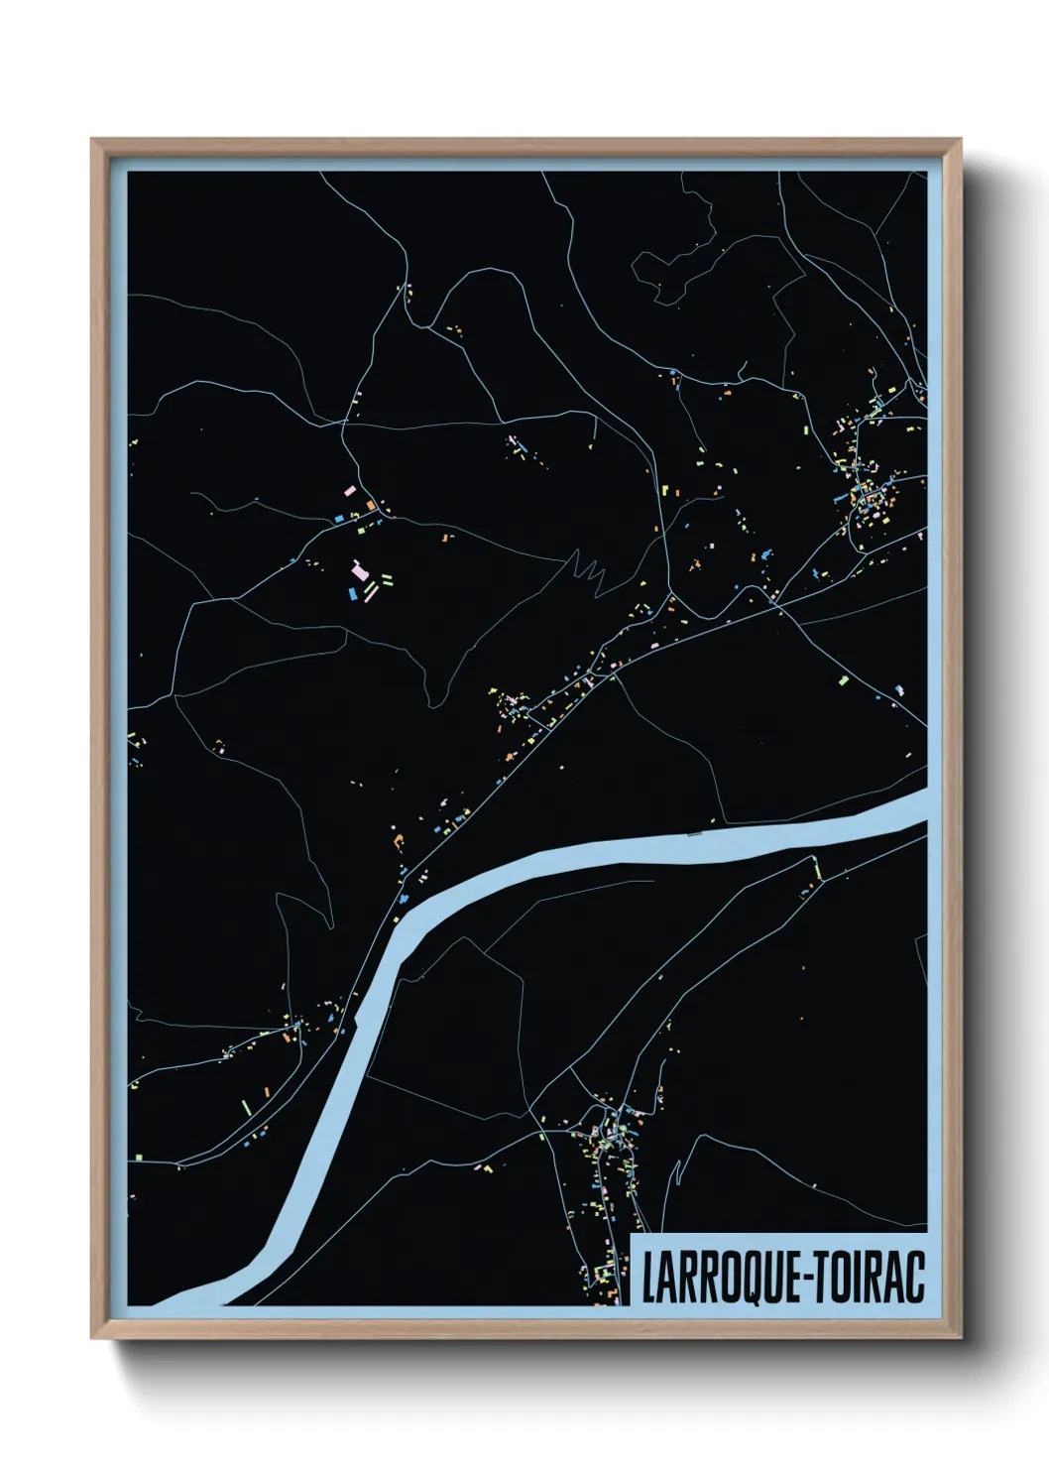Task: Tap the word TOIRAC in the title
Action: coord(872,1278)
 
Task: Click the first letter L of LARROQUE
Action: coord(648,1278)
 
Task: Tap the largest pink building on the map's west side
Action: coord(359,570)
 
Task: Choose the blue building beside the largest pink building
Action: coord(351,593)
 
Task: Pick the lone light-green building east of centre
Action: coord(844,680)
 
